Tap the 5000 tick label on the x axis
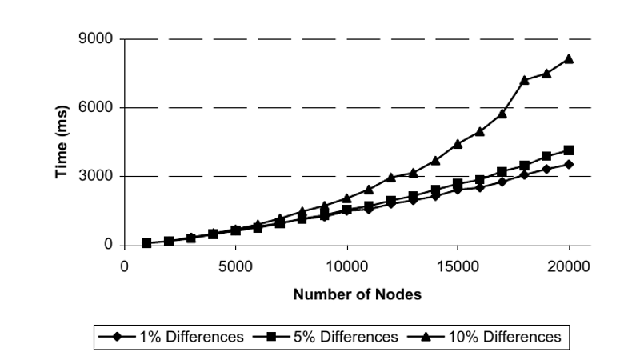(236, 265)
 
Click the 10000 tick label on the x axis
(346, 265)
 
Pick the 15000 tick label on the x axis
(458, 265)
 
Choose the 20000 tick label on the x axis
(569, 265)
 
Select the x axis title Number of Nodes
(357, 294)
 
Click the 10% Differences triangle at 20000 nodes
(569, 58)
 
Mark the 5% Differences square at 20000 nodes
(569, 150)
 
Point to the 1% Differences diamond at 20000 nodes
(569, 164)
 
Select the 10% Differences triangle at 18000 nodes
(524, 79)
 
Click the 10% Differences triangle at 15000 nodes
(458, 143)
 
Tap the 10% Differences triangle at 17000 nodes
(502, 113)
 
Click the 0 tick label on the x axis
(125, 265)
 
